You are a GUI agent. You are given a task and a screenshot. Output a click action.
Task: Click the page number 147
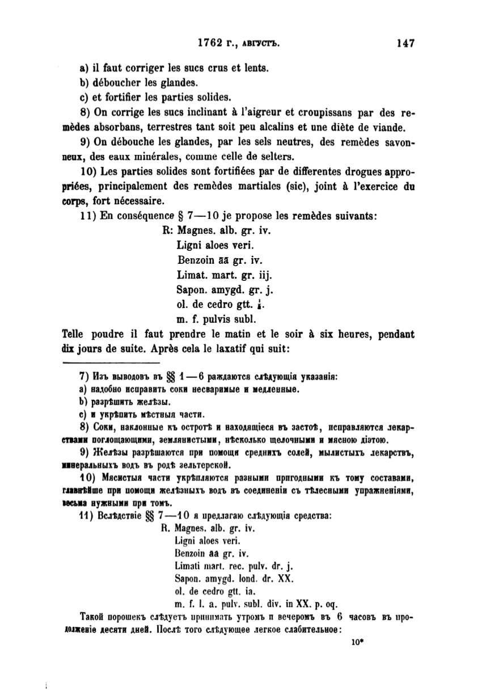(x=407, y=43)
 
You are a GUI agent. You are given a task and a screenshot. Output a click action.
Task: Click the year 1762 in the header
(x=209, y=43)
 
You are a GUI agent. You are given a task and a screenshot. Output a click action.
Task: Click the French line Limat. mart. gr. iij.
(x=225, y=275)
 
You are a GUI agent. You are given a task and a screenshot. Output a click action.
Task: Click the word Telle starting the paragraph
(x=77, y=334)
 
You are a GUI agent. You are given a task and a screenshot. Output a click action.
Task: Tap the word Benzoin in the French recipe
(x=194, y=260)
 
